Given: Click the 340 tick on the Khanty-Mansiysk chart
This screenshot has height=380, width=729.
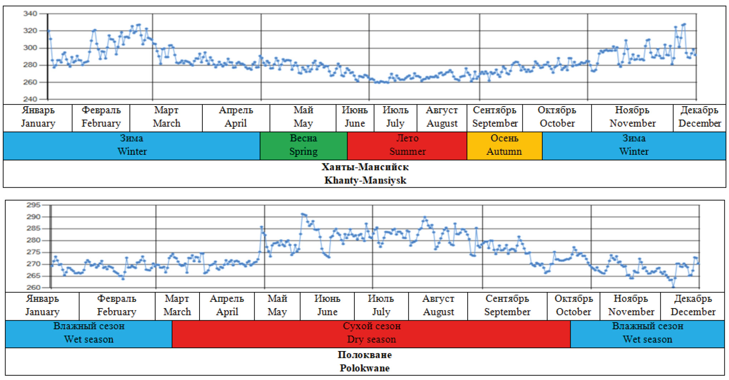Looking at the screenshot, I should point(30,14).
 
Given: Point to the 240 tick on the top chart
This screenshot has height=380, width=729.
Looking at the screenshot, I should point(30,99).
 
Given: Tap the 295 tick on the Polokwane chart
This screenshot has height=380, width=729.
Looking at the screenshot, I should point(33,205).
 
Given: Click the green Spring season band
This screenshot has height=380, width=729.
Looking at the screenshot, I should point(303,145).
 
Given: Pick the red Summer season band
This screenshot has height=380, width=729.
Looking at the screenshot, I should point(407,145).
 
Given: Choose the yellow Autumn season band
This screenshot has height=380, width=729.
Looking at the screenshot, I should point(504,145).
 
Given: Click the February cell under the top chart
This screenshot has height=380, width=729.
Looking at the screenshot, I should point(101,117).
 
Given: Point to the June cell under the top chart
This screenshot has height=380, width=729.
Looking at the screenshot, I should point(355,117).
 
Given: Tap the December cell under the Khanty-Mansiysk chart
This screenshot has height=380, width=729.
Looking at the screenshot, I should point(699,117).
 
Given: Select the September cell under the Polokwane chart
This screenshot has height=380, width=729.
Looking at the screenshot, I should point(507,306).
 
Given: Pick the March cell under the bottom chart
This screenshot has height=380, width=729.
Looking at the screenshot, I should point(177,306).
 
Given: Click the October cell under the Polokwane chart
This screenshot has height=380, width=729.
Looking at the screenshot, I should point(573,306).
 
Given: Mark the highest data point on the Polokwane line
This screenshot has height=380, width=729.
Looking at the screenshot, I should point(302,214).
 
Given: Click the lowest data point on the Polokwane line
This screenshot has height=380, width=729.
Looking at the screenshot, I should point(673,287).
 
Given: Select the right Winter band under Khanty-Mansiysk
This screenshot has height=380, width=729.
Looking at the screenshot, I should point(634,145).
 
